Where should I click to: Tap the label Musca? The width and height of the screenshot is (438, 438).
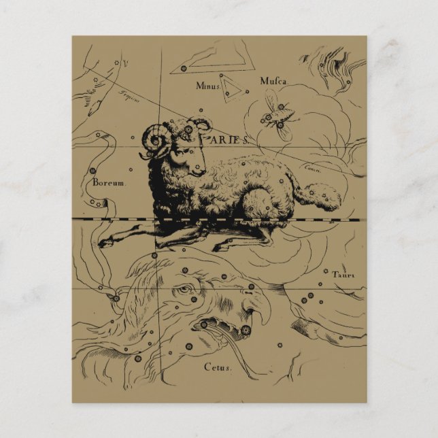pyautogui.click(x=273, y=82)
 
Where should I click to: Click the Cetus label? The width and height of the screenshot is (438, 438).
pyautogui.click(x=218, y=367)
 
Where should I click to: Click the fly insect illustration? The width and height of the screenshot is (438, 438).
pyautogui.click(x=275, y=116)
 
